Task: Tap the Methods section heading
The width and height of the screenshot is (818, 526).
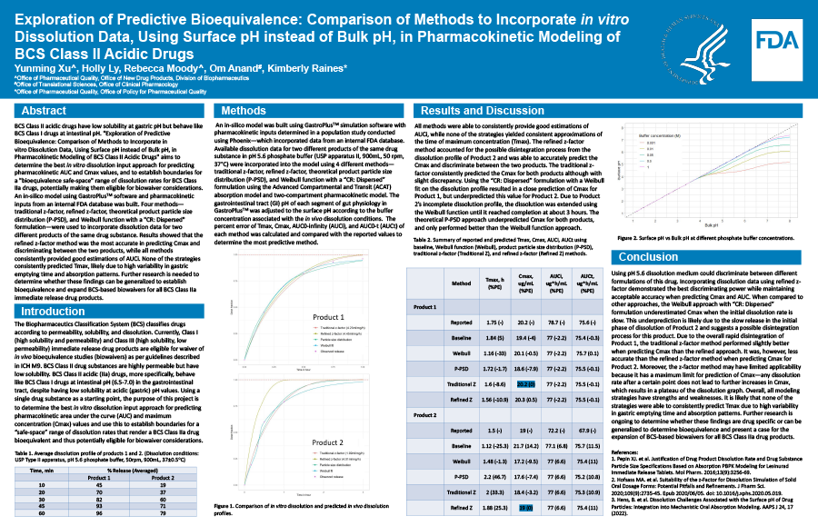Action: click(244, 110)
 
